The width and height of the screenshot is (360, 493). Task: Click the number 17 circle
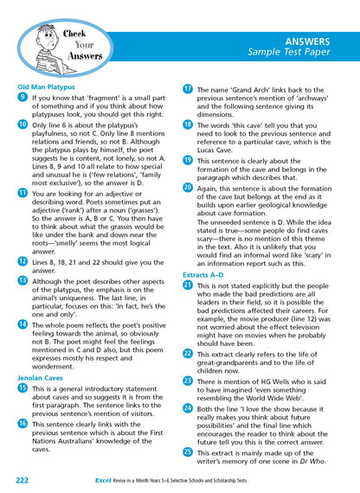coord(188,88)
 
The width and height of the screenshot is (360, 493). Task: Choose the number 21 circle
coord(188,285)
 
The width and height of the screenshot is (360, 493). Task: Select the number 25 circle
coord(188,451)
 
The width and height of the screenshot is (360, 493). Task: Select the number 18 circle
coord(188,125)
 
